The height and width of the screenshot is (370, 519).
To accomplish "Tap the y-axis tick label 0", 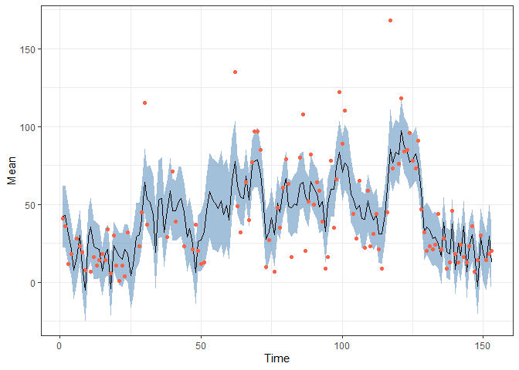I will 32,283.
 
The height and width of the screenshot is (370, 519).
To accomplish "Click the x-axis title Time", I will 277,358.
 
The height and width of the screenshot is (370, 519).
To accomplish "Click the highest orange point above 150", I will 390,20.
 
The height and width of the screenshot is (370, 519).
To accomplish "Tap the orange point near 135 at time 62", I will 235,72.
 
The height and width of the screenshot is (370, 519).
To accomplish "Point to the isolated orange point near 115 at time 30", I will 144,103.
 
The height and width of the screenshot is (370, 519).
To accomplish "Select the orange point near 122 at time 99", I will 339,92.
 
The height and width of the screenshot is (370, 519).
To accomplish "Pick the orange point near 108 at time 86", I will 303,114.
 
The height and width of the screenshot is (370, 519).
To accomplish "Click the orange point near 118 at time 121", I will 401,99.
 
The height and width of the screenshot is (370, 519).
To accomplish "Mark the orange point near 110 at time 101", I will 344,110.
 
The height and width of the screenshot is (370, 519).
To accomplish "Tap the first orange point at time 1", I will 63,218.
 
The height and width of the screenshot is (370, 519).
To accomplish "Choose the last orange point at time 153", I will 491,251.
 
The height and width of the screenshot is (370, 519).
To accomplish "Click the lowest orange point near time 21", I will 120,281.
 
